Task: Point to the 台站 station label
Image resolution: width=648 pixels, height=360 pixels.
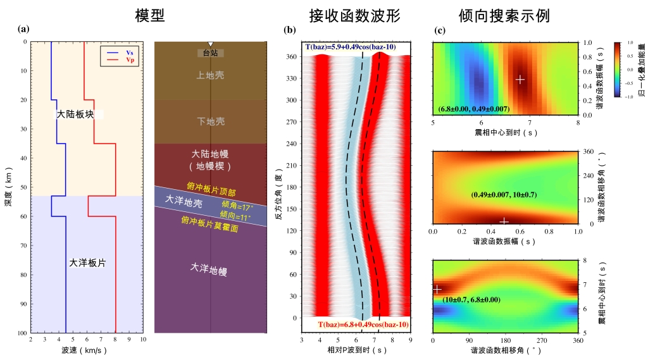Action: (x=210, y=54)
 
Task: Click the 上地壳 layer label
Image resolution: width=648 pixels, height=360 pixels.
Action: (x=210, y=75)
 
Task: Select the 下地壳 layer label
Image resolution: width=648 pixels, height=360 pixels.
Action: (x=210, y=121)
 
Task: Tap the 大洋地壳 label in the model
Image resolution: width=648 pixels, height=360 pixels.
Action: (x=184, y=199)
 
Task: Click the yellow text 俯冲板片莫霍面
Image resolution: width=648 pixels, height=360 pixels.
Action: (x=209, y=221)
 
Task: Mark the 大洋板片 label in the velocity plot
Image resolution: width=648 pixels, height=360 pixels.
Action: (x=87, y=263)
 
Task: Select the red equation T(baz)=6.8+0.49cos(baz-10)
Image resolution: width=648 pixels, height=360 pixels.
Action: (x=363, y=325)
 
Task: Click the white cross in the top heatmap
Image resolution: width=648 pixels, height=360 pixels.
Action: (x=520, y=79)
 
